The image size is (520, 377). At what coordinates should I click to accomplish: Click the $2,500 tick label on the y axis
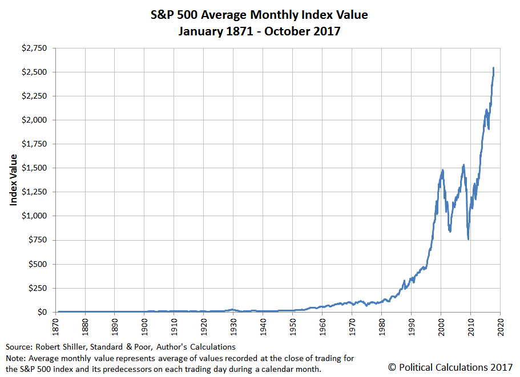point(34,72)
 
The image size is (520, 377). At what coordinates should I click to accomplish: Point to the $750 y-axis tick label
point(38,240)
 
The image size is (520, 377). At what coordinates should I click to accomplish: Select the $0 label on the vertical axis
point(42,312)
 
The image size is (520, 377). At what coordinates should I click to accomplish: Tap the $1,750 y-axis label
point(34,144)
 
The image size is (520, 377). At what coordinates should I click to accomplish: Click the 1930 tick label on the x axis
point(233,327)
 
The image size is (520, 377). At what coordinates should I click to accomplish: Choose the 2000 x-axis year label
point(441,327)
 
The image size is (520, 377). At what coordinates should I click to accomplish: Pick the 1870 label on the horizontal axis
point(56,327)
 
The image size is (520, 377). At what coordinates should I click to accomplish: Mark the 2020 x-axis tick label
point(501,327)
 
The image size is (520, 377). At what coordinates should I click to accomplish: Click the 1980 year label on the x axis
point(382,327)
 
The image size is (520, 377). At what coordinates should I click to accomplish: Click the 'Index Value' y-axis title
point(13,180)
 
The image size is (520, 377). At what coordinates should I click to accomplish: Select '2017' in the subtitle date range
point(327,31)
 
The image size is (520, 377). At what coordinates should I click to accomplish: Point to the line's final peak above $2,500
point(494,68)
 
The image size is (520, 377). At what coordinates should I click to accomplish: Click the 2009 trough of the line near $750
point(468,239)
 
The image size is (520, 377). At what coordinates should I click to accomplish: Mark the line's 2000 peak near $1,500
point(442,170)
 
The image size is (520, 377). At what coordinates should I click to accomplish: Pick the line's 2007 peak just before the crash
point(463,165)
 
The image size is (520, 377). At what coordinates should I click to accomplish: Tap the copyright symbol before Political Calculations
point(392,367)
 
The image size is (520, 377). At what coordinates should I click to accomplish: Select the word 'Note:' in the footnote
point(16,358)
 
